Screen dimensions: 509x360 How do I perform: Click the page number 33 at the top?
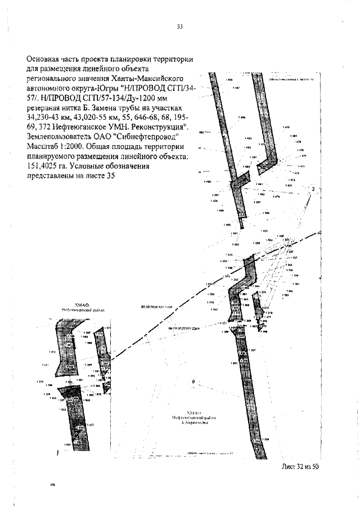[x=180, y=26]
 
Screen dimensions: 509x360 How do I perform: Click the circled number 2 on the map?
[x=313, y=189]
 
